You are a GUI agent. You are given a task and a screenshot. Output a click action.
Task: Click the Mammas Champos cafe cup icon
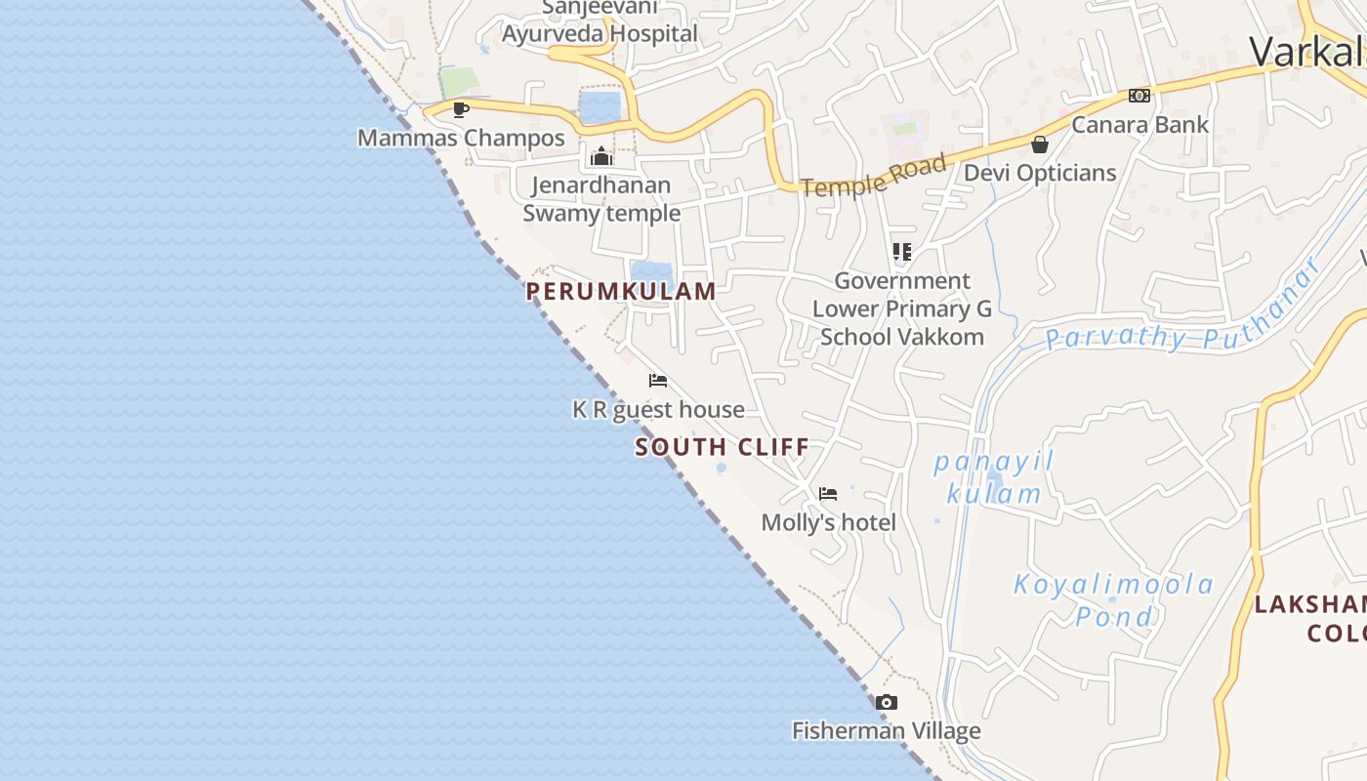[x=461, y=109]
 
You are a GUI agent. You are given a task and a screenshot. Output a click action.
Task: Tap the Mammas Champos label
[x=461, y=138]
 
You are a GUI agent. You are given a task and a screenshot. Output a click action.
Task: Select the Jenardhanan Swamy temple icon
[x=601, y=156]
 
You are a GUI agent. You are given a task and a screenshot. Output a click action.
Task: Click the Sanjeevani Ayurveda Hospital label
[x=600, y=21]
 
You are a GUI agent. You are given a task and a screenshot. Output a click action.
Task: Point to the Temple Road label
[x=874, y=176]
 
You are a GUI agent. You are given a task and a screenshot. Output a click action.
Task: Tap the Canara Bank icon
[x=1139, y=96]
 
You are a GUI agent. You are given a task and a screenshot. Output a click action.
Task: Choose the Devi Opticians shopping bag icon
[x=1040, y=144]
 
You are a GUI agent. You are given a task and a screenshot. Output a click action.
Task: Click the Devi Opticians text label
[x=1040, y=173]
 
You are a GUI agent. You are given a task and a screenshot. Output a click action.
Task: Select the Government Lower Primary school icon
[x=902, y=252]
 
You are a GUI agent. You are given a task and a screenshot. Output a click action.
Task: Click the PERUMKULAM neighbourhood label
[x=621, y=291]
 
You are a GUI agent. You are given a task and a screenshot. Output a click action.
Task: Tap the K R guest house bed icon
[x=658, y=381]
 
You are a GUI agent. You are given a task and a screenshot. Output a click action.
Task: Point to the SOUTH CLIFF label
[x=722, y=447]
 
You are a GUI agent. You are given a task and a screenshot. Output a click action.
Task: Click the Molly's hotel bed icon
[x=828, y=494]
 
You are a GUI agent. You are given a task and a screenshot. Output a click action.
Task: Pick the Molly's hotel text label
[x=828, y=522]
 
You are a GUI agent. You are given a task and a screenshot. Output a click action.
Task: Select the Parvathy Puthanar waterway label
[x=1181, y=312]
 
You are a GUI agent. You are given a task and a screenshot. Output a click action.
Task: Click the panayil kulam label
[x=994, y=476]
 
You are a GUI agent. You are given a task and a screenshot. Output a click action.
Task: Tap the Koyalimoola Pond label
[x=1113, y=599]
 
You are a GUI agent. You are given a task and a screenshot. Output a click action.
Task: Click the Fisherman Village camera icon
[x=886, y=702]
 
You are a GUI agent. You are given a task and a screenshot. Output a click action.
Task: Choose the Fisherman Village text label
[x=886, y=730]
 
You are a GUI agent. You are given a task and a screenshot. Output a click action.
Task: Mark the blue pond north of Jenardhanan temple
[x=600, y=105]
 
